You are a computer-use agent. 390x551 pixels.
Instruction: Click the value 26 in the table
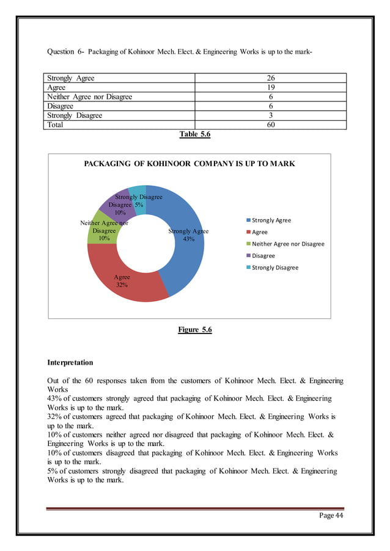tap(270, 78)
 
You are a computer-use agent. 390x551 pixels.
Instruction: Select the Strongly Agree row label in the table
tap(71, 78)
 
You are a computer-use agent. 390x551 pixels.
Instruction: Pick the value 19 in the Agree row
tap(270, 87)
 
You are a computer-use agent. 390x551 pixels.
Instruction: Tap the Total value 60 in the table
tap(270, 125)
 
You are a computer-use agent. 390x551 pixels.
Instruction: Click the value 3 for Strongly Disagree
tap(270, 115)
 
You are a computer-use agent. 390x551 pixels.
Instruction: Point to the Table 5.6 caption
tap(194, 135)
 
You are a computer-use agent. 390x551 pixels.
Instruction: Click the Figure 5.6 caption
tap(194, 330)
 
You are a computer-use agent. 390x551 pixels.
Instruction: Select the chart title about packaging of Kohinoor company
tap(189, 164)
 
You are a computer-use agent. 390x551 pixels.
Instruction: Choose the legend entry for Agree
tap(259, 232)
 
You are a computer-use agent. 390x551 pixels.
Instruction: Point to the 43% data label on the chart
tap(188, 239)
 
